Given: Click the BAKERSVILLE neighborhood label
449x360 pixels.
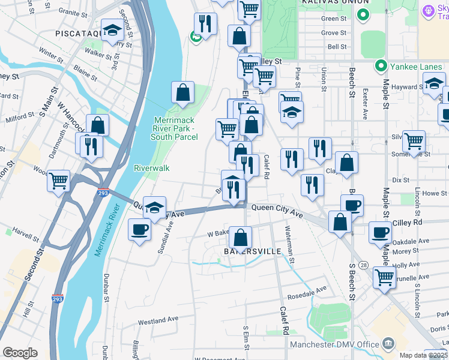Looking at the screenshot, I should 252,251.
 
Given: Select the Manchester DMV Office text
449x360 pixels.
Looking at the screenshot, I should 334,344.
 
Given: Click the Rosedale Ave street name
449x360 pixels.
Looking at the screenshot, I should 306,290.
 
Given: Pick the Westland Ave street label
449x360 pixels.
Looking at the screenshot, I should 158,322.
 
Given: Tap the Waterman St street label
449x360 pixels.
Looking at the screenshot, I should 290,244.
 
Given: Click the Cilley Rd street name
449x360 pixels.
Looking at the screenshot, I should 408,223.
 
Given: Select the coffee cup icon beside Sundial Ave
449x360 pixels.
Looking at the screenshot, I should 140,230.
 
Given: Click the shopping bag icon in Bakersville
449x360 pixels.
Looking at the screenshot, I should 240,238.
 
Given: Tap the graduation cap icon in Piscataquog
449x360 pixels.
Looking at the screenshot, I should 112,31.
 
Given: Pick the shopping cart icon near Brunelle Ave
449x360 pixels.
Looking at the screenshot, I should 384,277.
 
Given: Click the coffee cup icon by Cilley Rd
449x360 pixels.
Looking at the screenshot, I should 379,232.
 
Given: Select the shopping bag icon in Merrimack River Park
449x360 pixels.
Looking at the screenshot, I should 182,93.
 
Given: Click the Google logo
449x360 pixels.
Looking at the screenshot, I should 20,353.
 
